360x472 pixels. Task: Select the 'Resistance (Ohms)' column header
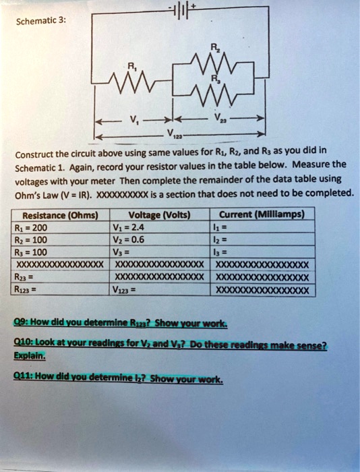pyautogui.click(x=56, y=215)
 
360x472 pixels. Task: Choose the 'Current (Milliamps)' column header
pyautogui.click(x=264, y=215)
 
